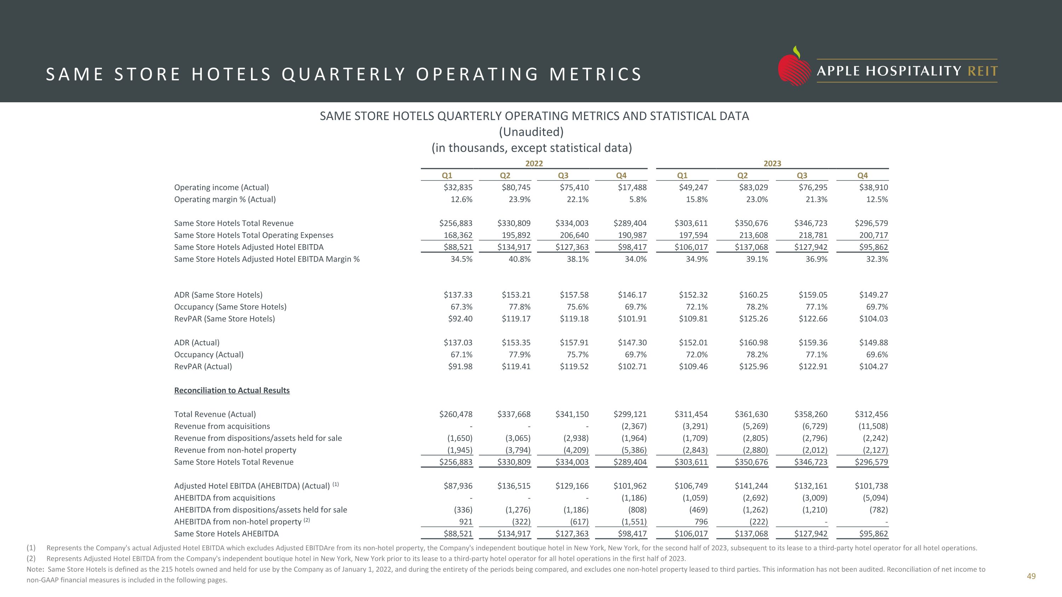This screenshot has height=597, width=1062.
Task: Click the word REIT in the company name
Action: point(982,71)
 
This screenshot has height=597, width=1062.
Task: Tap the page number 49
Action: point(1030,576)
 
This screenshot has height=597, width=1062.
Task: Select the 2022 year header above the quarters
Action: point(534,163)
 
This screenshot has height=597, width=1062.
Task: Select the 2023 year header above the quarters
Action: point(772,163)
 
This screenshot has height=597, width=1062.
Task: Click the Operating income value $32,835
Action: point(458,188)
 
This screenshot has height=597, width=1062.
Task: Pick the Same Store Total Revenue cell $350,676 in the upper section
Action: point(751,223)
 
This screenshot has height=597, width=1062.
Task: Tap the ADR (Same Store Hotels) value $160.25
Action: point(753,295)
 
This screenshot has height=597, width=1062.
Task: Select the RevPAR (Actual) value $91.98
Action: point(460,367)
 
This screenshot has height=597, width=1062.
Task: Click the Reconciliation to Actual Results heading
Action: point(232,391)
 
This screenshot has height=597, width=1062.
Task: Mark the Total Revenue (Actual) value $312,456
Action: point(871,414)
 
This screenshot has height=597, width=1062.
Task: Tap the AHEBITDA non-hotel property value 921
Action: point(466,522)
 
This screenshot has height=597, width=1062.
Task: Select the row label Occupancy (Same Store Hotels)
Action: point(230,307)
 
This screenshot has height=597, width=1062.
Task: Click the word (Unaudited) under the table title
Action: point(531,132)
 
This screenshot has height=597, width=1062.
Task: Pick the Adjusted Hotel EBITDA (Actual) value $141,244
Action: point(751,486)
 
